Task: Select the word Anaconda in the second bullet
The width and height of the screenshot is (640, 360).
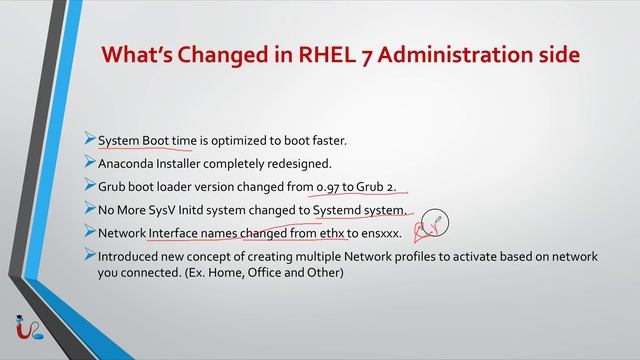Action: [128, 163]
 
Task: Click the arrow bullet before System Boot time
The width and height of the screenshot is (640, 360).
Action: [90, 140]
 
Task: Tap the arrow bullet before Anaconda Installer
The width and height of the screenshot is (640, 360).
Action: [90, 163]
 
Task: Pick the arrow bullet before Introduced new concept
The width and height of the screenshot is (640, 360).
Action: [90, 256]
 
